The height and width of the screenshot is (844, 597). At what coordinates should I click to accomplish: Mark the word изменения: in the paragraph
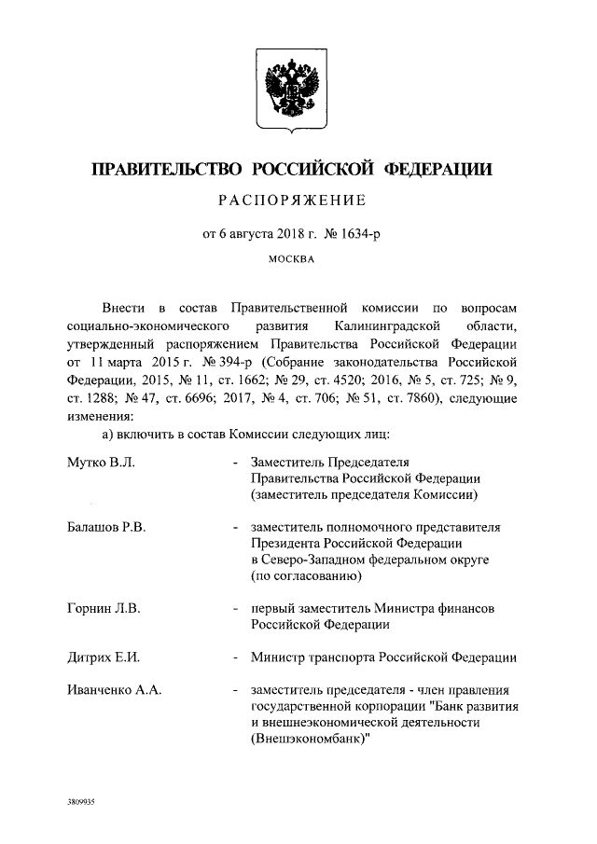coord(99,416)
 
